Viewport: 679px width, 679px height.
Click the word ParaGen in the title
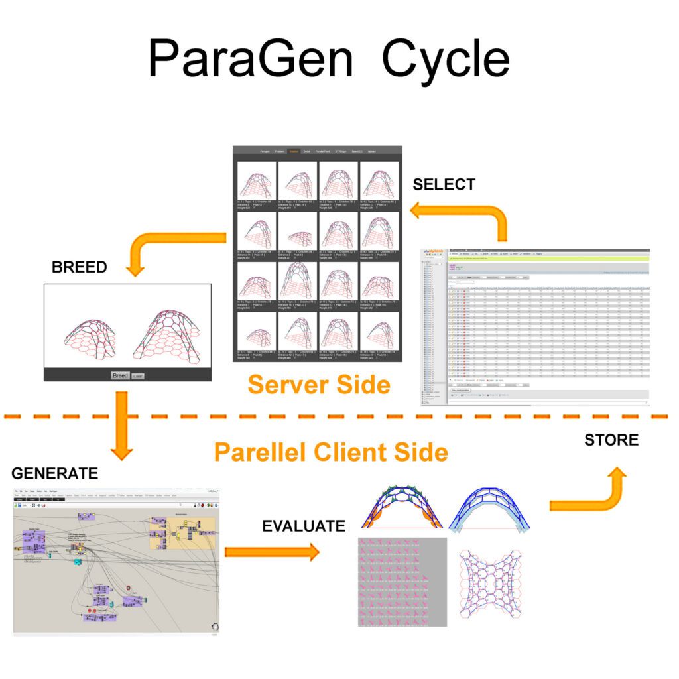251,59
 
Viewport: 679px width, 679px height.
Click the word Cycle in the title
446,59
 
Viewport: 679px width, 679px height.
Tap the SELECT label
444,184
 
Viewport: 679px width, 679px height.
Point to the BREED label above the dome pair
79,267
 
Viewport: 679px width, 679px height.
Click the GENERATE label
54,473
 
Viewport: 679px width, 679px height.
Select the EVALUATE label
304,526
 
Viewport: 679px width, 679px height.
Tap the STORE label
611,440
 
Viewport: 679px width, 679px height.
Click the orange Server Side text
319,384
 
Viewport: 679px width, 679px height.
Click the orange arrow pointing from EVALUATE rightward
272,552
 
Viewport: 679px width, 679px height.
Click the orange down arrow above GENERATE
121,424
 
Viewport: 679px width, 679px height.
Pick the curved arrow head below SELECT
420,212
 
